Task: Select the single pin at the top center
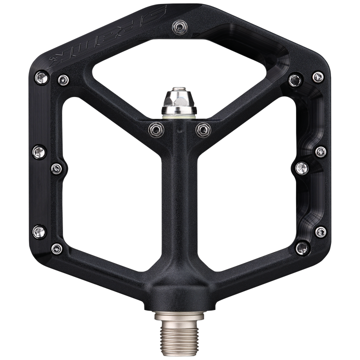pyautogui.click(x=178, y=25)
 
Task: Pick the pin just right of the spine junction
pyautogui.click(x=202, y=129)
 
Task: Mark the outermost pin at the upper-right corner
pyautogui.click(x=317, y=76)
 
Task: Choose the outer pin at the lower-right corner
pyautogui.click(x=320, y=231)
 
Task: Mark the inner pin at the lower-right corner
pyautogui.click(x=301, y=247)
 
